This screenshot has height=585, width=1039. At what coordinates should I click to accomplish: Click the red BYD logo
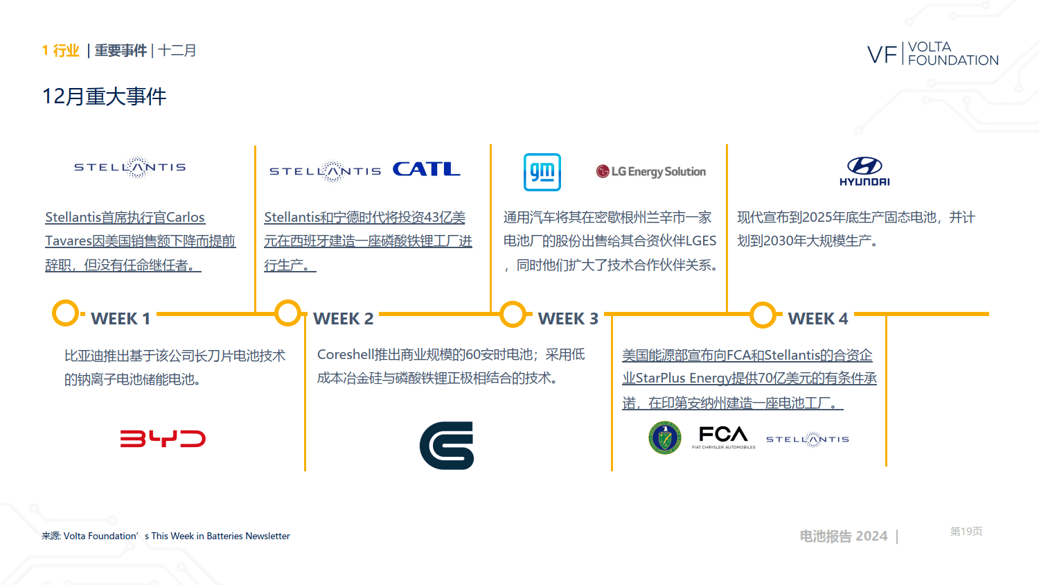pos(163,438)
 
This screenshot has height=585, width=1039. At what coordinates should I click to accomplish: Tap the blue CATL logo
pos(426,169)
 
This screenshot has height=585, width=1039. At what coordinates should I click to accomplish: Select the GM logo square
pos(542,173)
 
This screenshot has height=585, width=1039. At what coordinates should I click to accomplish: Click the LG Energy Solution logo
pos(651,171)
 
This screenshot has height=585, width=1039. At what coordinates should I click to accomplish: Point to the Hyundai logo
pos(864,171)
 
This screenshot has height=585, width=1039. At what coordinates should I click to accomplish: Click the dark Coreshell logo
pos(447,445)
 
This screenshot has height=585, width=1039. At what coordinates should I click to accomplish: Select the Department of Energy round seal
pos(665,437)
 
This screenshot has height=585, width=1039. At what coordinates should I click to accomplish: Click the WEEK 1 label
pos(121,319)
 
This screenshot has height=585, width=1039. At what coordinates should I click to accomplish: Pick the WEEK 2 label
pos(344,319)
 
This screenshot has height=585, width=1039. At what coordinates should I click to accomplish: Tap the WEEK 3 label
pos(568,319)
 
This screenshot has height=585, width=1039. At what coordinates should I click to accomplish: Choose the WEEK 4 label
pos(818,319)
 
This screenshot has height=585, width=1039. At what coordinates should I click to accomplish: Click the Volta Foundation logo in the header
pos(933,53)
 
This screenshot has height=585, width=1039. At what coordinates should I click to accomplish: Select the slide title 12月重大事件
pos(104,96)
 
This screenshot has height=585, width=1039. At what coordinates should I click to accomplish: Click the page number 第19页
pos(966,531)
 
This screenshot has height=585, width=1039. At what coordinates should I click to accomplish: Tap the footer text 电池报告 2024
pos(843,536)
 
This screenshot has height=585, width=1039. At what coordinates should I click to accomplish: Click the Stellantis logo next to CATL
pos(325,171)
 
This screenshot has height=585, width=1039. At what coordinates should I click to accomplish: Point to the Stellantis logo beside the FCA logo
pos(808,439)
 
